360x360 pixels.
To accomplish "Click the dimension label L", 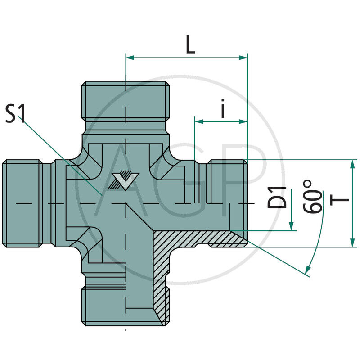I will pyautogui.click(x=190, y=45).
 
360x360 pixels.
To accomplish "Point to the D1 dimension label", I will pyautogui.click(x=278, y=197).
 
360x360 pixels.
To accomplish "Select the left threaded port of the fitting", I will pyautogui.click(x=22, y=203).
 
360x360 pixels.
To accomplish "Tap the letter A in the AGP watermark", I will pyautogui.click(x=121, y=180).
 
